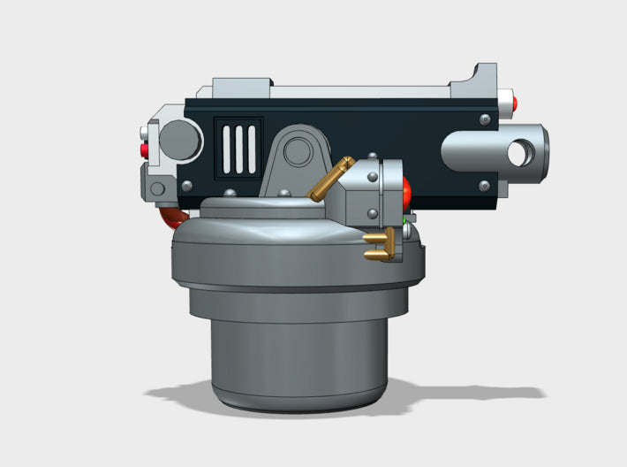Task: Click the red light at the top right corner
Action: click(513, 102)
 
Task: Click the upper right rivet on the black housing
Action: click(484, 119)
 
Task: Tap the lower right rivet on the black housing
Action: click(483, 185)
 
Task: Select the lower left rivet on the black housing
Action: click(187, 186)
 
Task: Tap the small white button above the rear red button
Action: click(144, 135)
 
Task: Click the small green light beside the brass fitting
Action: click(404, 218)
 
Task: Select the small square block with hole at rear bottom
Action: click(158, 188)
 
